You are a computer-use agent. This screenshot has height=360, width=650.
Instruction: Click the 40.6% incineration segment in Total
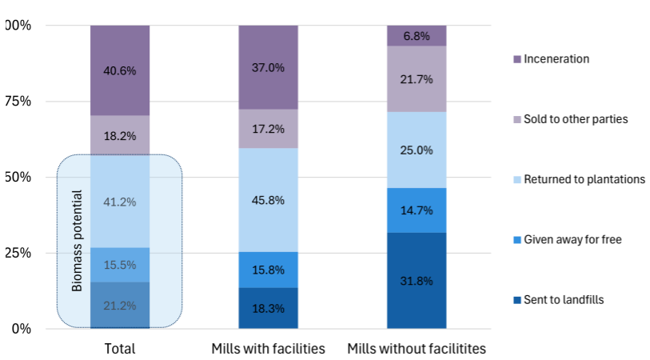[120, 70]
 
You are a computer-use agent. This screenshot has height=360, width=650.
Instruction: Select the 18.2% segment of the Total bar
[120, 135]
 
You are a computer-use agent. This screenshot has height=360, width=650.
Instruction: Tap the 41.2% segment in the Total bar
[120, 202]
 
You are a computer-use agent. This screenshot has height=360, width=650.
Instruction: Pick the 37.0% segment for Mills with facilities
[269, 67]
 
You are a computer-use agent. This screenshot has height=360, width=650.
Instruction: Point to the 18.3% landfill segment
[269, 308]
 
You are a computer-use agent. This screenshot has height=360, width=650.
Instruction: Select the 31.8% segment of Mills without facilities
[417, 280]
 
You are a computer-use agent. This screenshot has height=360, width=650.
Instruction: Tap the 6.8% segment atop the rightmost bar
[417, 36]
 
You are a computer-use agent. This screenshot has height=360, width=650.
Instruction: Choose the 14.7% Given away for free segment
[417, 210]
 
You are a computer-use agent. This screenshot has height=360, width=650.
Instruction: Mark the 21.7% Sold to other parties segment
[417, 79]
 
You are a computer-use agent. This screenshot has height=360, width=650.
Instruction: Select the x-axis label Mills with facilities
[269, 349]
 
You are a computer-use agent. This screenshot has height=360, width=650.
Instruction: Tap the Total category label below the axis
[120, 349]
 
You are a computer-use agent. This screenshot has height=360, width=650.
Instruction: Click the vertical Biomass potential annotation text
[78, 240]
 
